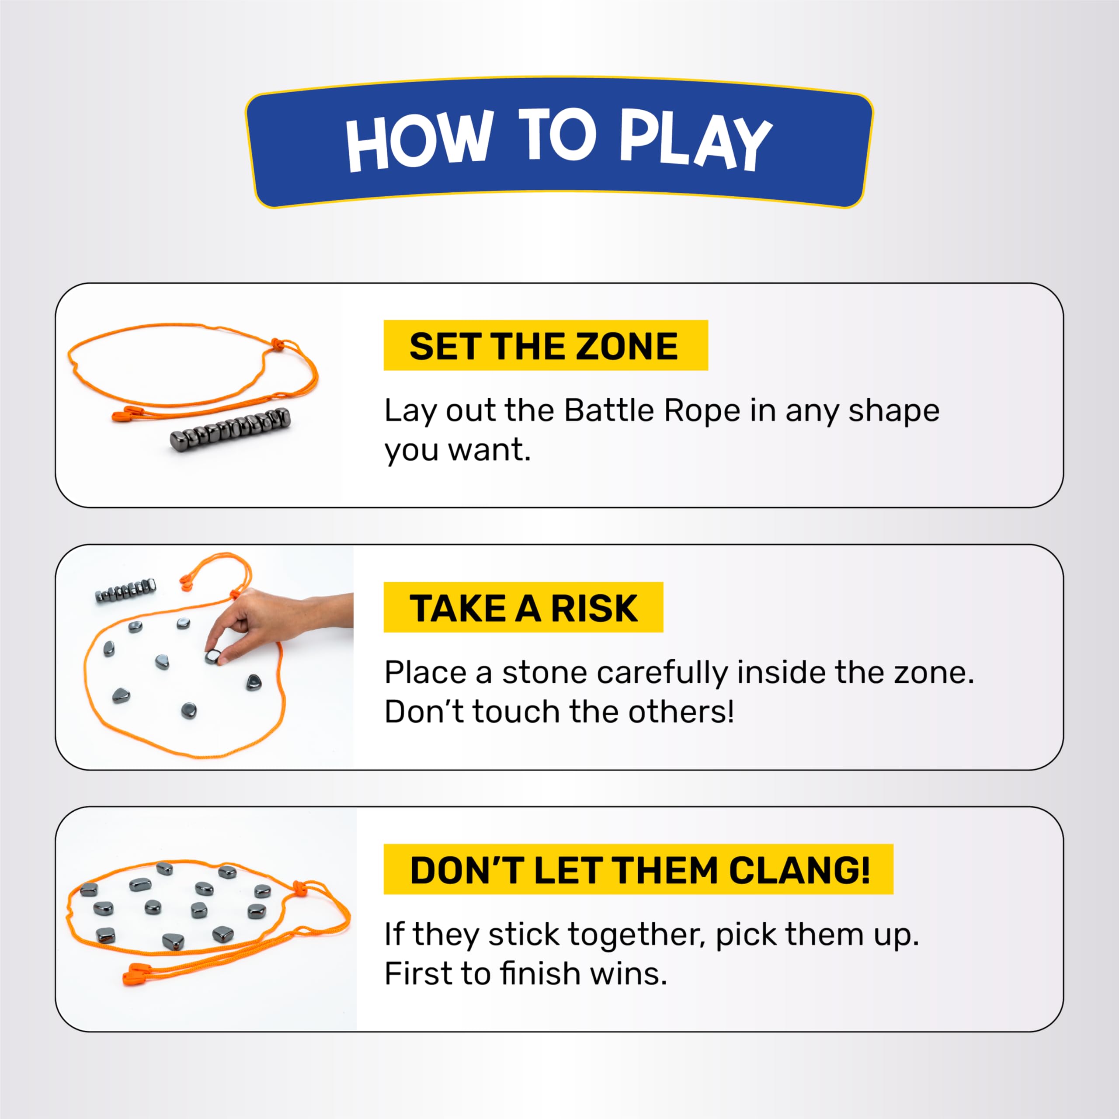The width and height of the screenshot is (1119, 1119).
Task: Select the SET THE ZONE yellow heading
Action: click(546, 345)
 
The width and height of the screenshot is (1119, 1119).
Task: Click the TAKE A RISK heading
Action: click(523, 607)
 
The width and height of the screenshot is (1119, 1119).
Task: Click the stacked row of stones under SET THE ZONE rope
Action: click(230, 429)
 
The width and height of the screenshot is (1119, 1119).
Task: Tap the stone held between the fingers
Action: click(212, 656)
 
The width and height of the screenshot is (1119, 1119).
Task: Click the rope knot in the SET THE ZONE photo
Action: click(278, 344)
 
